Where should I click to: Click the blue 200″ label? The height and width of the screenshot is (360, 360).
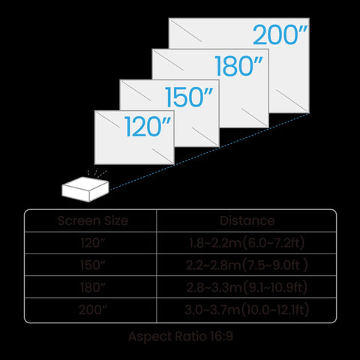coord(280,34)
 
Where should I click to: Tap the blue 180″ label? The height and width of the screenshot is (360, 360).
coord(239,66)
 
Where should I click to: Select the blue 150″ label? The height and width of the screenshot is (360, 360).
coord(189,97)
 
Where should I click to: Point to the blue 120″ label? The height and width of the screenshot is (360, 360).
coord(148,127)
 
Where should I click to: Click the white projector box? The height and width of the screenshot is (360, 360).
coord(85,189)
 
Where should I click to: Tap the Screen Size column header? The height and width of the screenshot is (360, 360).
coord(93,220)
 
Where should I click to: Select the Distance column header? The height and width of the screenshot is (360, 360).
coord(247,220)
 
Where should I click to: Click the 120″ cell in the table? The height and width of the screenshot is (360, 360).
coord(93,243)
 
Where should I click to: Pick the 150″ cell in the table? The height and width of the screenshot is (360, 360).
coord(93,265)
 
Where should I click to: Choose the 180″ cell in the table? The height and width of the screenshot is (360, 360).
coord(93,287)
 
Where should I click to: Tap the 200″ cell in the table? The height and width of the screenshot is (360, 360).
coord(93,310)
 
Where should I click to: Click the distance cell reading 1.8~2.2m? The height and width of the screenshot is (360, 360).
coord(247,243)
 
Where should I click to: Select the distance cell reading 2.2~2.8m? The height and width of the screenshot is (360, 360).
coord(247,265)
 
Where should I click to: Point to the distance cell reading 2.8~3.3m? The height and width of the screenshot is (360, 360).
coord(247,287)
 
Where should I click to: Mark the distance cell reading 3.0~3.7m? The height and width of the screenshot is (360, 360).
coord(247,310)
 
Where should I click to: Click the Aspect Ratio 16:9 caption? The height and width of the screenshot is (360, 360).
coord(181,336)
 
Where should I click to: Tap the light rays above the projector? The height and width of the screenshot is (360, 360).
coord(97,174)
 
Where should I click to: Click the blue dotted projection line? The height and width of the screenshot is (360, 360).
coord(209,151)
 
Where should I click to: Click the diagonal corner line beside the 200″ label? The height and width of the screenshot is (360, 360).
coord(186,31)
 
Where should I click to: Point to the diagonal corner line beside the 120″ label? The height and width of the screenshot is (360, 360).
coord(108,119)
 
